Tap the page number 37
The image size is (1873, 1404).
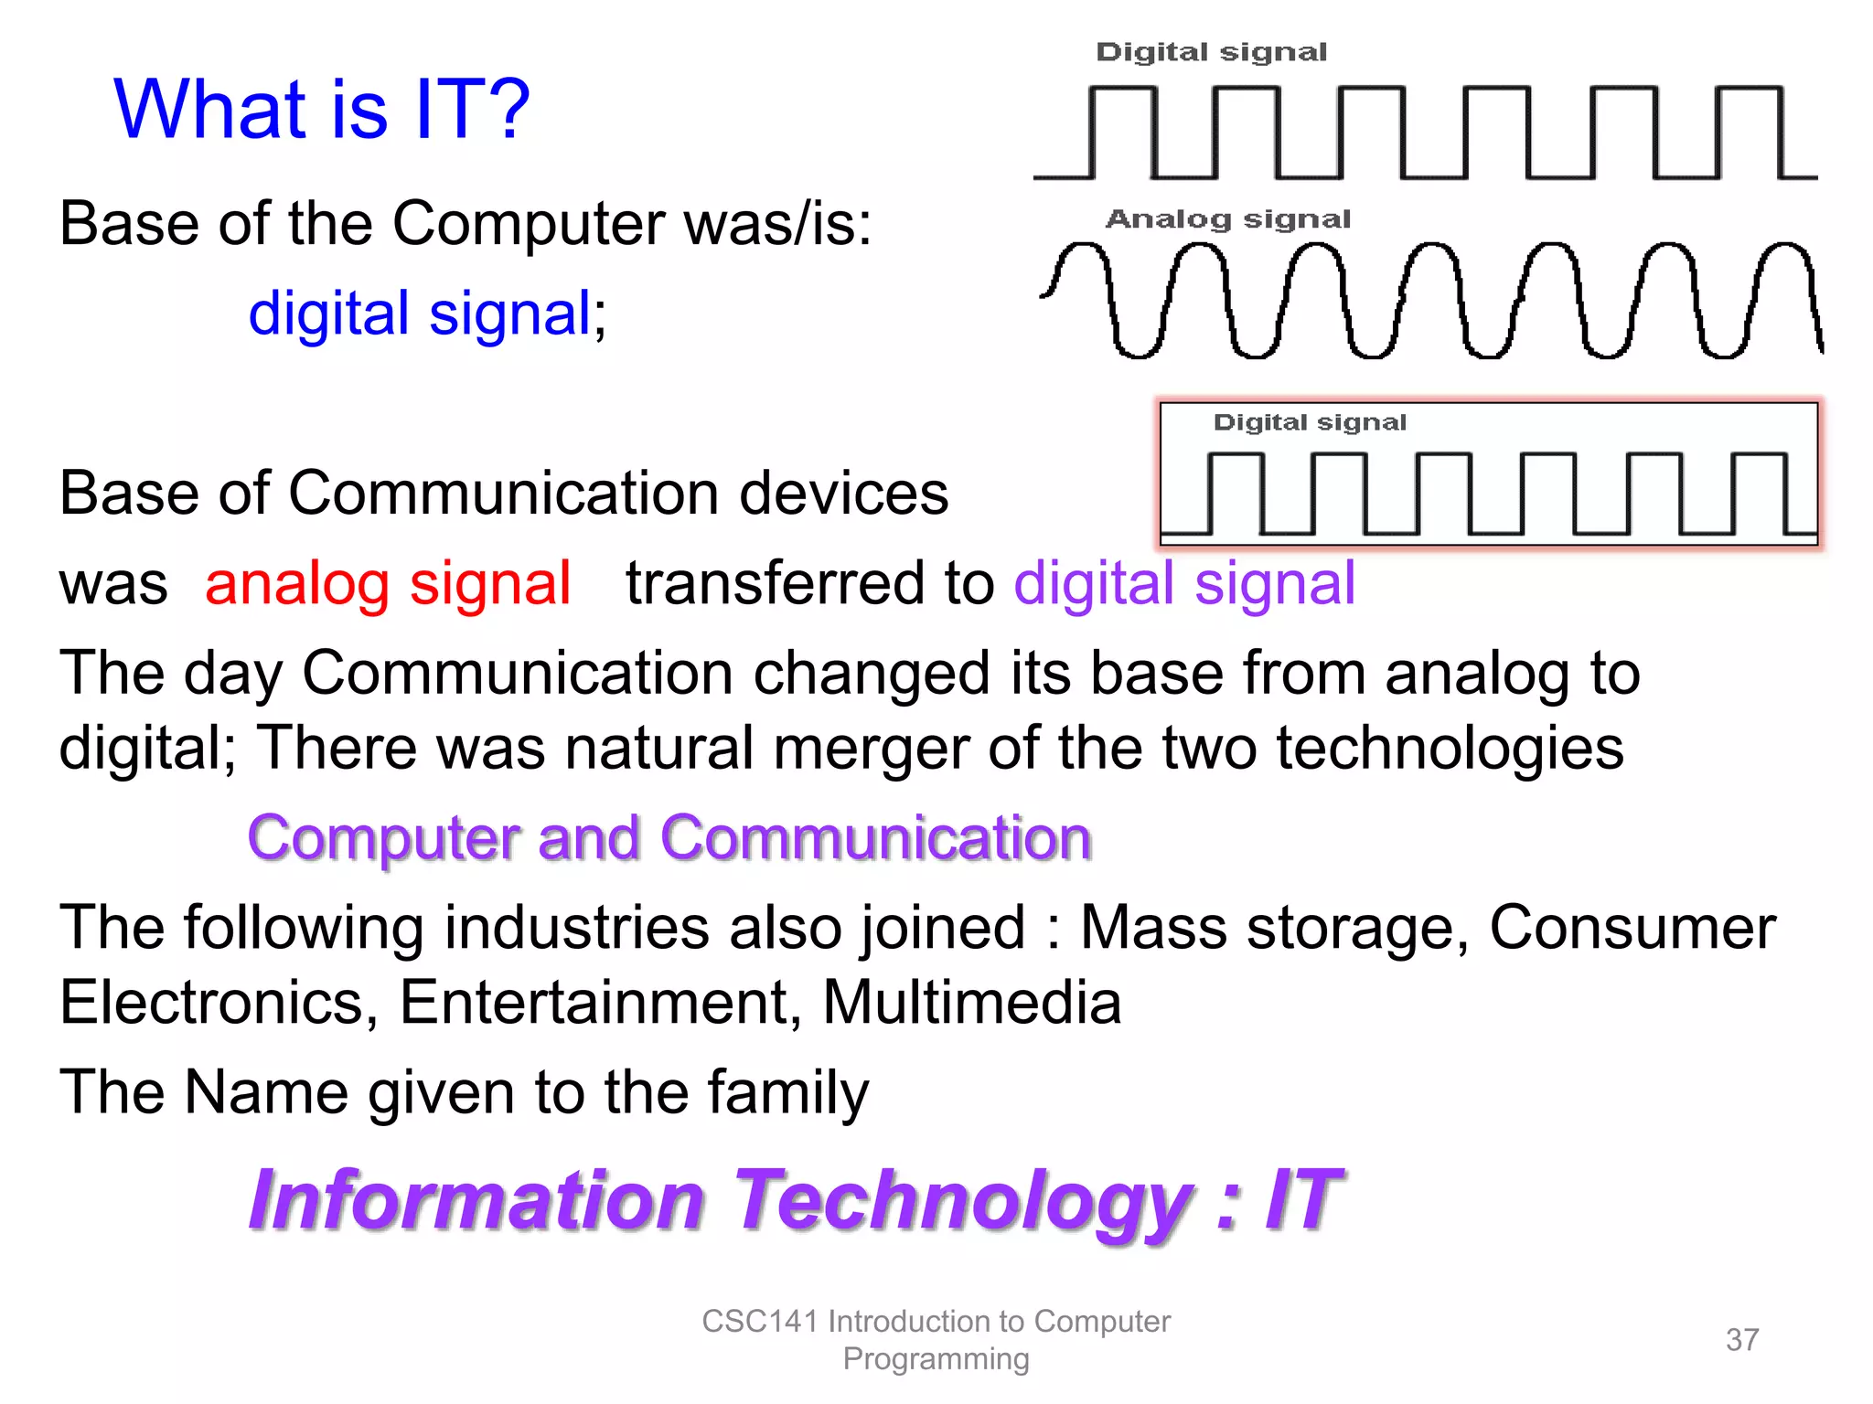[x=1741, y=1339]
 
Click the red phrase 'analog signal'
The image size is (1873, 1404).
[x=388, y=584]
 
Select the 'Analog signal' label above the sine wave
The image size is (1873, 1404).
[x=1227, y=219]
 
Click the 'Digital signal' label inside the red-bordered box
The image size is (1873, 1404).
[x=1309, y=422]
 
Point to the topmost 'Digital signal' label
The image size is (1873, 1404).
[x=1211, y=52]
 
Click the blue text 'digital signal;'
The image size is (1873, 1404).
[x=426, y=314]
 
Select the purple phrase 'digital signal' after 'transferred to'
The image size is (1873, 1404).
[x=1183, y=584]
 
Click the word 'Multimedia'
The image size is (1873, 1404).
[x=971, y=1002]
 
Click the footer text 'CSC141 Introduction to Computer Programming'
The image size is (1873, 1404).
[x=936, y=1339]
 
